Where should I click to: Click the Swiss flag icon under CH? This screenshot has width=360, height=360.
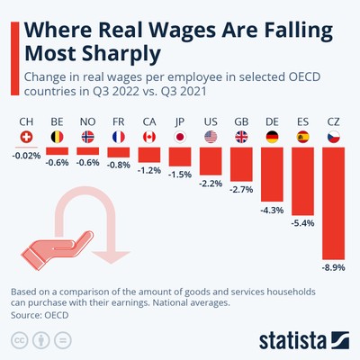tap(26, 138)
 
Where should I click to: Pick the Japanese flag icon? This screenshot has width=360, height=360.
tap(180, 138)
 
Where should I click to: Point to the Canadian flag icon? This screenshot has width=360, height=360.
tap(149, 138)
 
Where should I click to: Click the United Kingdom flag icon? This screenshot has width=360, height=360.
tap(241, 138)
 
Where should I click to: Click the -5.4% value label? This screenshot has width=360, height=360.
tap(303, 222)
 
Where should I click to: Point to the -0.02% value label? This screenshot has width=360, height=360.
tap(26, 157)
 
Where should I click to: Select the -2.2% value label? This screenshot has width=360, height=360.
tap(211, 183)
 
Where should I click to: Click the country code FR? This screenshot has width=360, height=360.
tap(119, 120)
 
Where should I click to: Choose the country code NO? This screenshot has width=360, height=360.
tap(88, 120)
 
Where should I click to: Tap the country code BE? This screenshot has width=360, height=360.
tap(58, 120)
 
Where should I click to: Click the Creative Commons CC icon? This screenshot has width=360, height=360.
tap(18, 340)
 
